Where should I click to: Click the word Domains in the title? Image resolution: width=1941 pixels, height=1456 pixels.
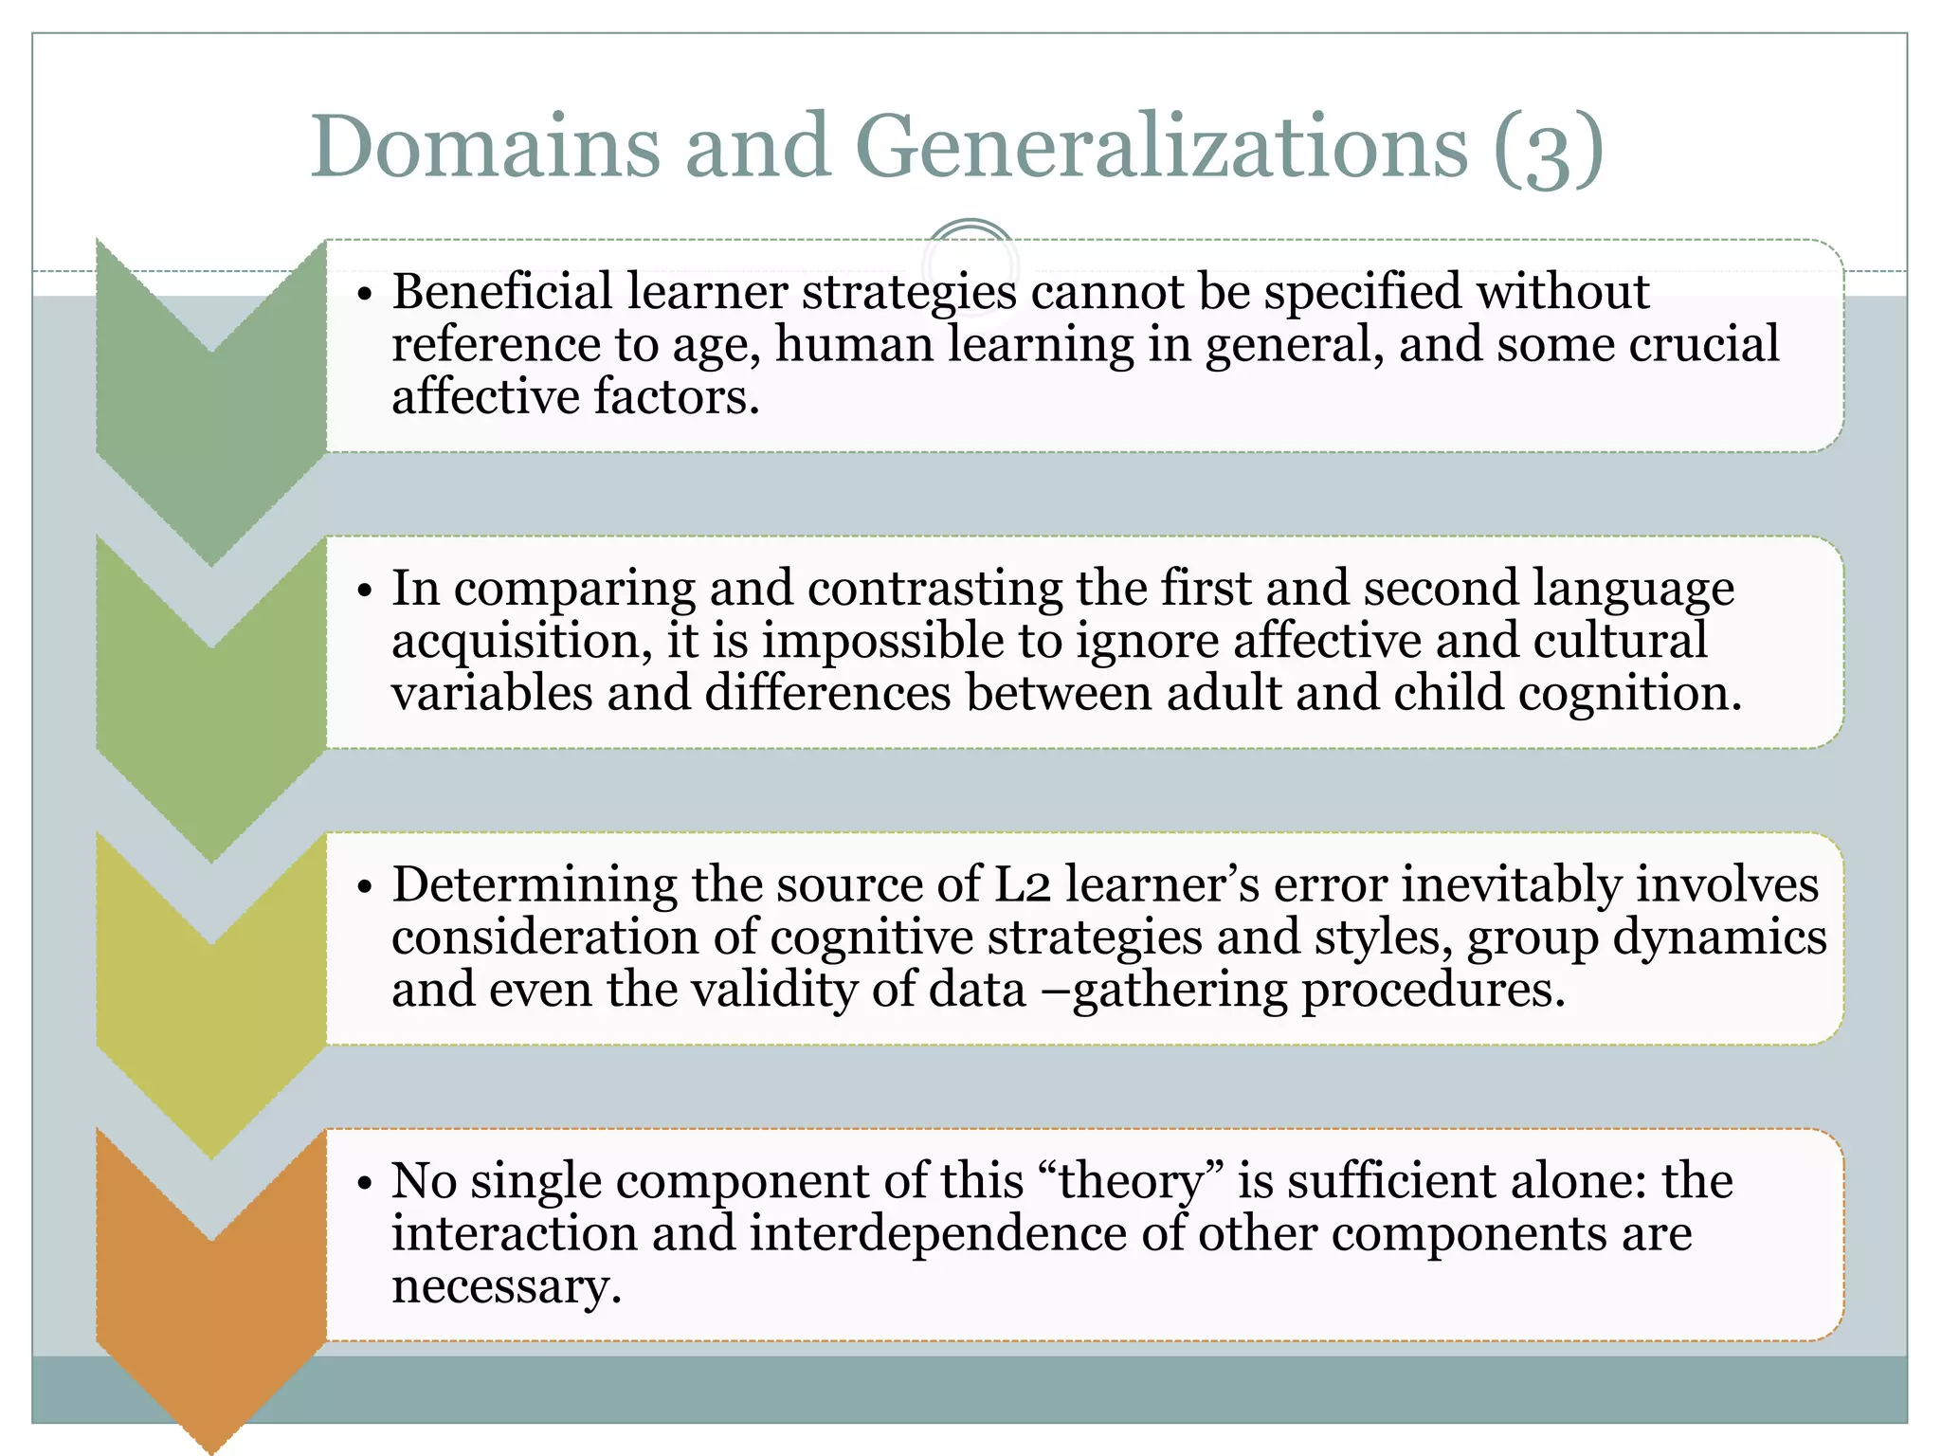(x=484, y=147)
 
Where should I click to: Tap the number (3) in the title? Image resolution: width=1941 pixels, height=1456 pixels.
(x=1548, y=149)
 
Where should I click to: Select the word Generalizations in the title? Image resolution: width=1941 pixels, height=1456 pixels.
(x=1161, y=147)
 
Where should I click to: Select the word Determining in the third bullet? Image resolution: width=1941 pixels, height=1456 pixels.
(x=534, y=885)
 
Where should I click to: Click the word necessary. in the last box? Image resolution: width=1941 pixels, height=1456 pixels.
(x=506, y=1287)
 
